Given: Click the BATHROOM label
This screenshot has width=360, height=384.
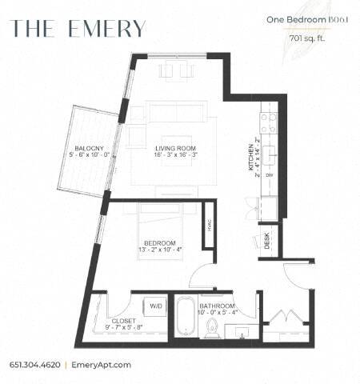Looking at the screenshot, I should [x=218, y=306].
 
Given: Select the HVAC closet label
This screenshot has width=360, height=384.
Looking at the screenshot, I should [x=207, y=229].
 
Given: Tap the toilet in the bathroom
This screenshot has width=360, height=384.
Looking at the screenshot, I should [x=213, y=327].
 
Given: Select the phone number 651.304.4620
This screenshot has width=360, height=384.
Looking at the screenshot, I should [x=35, y=363].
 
